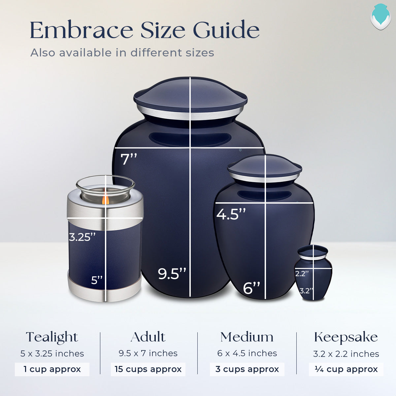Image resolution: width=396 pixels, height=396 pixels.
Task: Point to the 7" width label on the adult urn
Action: [129, 159]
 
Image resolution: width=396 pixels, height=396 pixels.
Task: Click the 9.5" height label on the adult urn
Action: [172, 274]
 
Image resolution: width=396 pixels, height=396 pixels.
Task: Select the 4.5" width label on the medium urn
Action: [231, 214]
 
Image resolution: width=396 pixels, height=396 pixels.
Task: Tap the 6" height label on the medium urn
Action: [251, 288]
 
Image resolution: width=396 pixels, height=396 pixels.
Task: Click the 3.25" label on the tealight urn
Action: [82, 237]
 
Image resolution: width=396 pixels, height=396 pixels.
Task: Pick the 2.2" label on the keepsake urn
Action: [302, 274]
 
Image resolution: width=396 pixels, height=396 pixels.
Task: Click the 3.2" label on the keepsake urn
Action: [306, 291]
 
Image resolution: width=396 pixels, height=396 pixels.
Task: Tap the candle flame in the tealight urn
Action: [105, 200]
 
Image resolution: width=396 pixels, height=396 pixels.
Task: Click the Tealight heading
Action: [52, 337]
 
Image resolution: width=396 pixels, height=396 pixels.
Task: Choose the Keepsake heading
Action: [346, 337]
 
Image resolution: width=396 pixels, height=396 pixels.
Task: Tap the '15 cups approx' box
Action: [148, 369]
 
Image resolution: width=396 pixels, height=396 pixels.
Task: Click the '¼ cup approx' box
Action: [346, 369]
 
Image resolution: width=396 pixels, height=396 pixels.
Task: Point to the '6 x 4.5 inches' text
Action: [247, 353]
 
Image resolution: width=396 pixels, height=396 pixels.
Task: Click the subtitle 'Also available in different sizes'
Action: [122, 53]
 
